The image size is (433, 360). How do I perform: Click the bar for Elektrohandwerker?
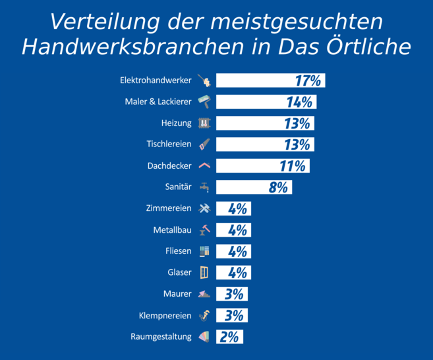pos(270,81)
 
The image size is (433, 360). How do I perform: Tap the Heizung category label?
pos(176,123)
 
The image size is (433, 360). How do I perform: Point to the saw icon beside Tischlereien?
pos(204,144)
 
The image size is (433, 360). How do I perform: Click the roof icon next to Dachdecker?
pos(204,165)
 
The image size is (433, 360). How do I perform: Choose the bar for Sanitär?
pos(254,187)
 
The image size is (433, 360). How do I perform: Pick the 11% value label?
pos(292,165)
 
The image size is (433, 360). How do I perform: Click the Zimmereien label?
pos(169,208)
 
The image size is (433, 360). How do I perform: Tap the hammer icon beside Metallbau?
pos(204,229)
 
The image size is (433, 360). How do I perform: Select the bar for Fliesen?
pos(233,251)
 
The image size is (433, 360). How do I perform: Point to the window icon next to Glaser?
pos(204,272)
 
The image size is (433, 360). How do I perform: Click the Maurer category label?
pos(177,293)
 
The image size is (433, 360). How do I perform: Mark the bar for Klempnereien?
pos(231,315)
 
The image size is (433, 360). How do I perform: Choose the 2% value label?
pos(229,336)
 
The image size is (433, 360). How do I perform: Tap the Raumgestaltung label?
pos(161,336)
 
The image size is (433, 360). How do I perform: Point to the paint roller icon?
pos(204,102)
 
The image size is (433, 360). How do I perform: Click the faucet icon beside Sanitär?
pos(204,187)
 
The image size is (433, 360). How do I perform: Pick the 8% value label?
pos(278,187)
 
